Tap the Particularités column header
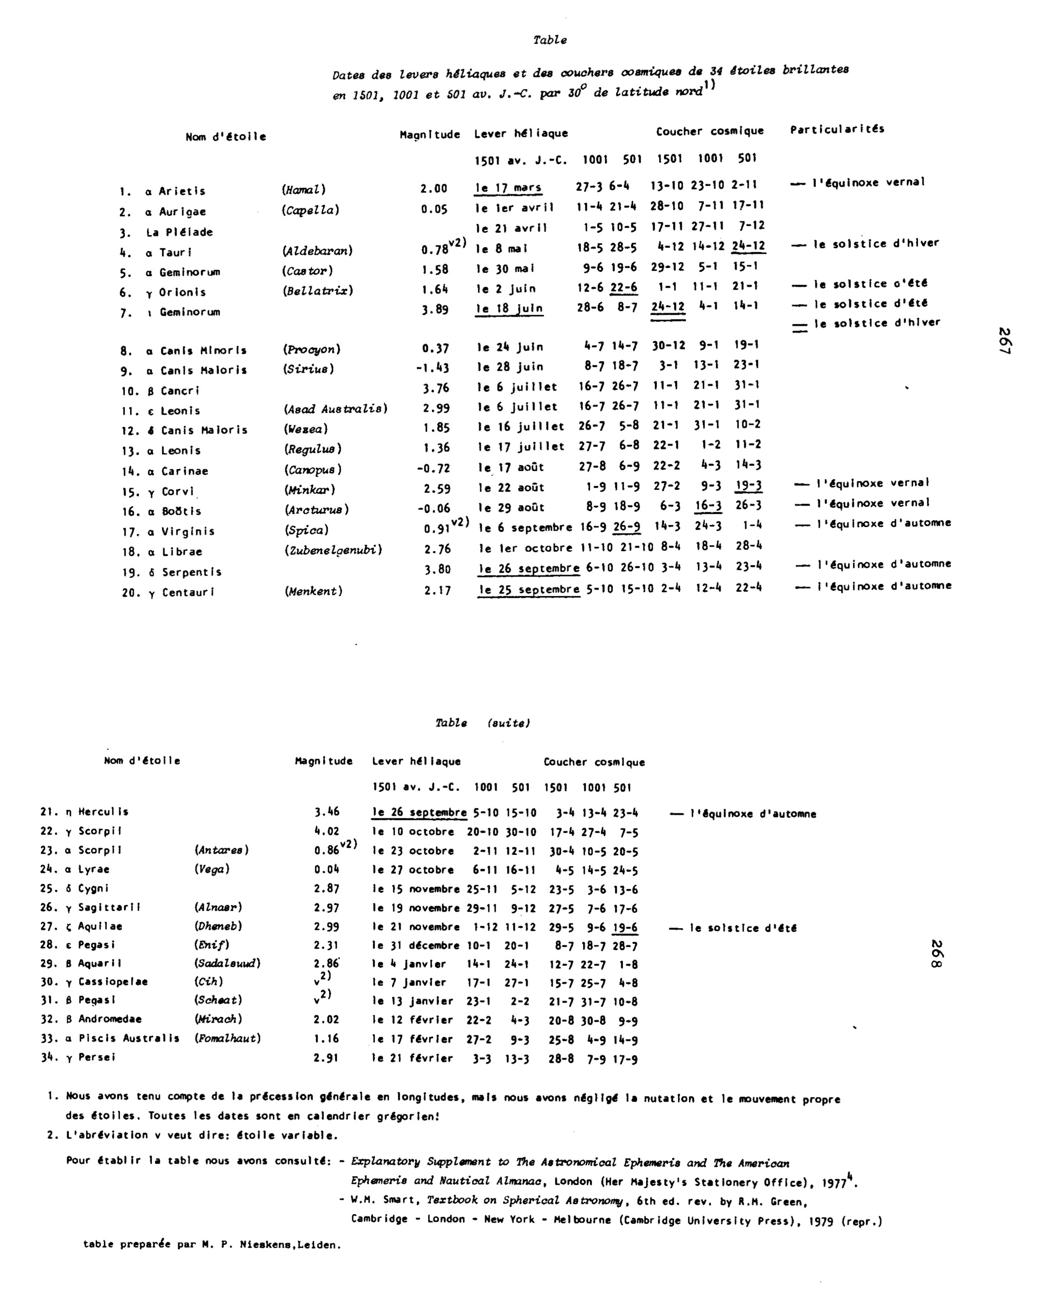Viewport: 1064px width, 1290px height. point(837,129)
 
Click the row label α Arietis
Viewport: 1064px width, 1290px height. point(176,191)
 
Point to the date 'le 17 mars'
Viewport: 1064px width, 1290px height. point(509,188)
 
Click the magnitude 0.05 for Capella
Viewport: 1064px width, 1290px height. point(434,209)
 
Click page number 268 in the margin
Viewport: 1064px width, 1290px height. point(936,955)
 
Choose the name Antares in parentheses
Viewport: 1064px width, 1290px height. point(221,850)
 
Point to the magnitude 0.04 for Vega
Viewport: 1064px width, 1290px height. point(326,869)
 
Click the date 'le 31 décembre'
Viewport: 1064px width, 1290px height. point(416,945)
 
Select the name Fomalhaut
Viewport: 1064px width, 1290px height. point(227,1038)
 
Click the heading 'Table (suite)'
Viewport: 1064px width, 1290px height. point(482,723)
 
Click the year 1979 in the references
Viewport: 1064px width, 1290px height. point(821,1222)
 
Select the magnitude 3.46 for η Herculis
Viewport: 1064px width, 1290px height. point(327,812)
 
